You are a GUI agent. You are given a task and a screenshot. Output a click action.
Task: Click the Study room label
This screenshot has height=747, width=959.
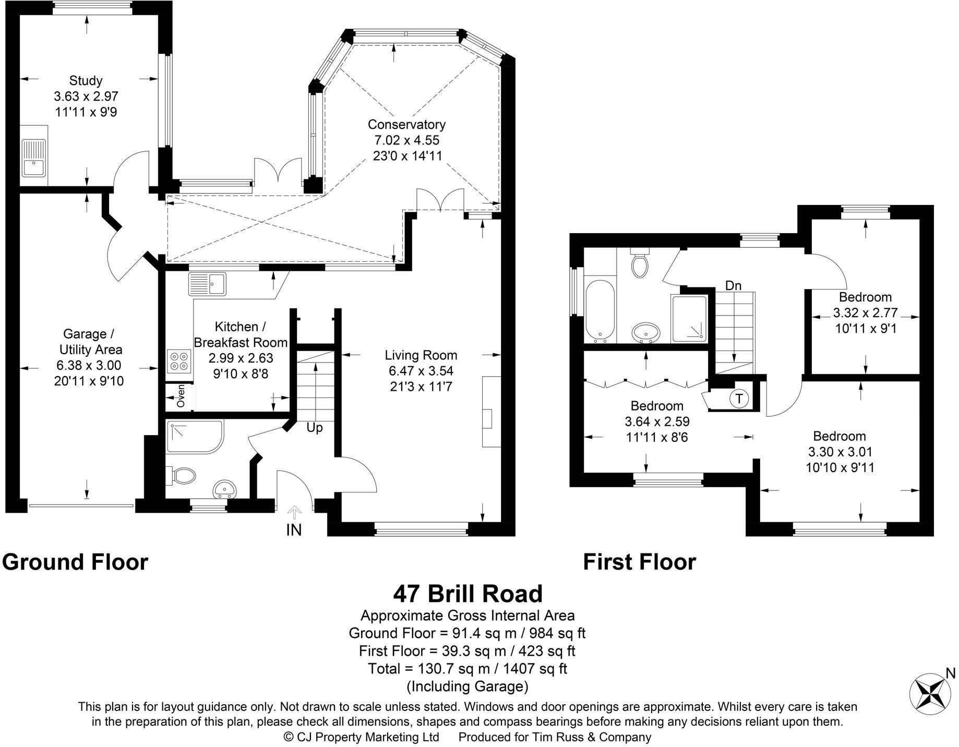86,80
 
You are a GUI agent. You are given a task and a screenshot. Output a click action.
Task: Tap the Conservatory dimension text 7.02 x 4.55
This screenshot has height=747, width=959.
406,140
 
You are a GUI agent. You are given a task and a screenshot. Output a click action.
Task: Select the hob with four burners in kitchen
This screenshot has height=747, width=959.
179,360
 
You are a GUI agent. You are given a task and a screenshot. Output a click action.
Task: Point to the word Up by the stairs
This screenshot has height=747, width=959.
315,428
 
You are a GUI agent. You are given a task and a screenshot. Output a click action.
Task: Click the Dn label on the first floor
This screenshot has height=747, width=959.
733,285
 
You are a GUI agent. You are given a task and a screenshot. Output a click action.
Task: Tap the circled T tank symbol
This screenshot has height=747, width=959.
739,399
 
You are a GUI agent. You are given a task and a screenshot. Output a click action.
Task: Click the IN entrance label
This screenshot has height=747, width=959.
294,530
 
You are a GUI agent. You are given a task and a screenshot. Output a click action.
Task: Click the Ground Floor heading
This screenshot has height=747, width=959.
75,562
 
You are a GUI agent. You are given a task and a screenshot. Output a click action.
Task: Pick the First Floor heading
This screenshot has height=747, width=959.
639,562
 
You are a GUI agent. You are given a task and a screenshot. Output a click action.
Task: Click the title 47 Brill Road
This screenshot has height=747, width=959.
467,594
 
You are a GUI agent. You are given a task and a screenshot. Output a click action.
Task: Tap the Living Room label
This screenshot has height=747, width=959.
421,355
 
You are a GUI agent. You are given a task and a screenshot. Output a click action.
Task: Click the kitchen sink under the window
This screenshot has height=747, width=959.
207,284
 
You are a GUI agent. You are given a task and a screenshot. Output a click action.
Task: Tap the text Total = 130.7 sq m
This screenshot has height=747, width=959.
467,668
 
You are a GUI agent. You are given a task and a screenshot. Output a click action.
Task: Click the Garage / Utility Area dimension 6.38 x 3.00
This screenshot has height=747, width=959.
89,365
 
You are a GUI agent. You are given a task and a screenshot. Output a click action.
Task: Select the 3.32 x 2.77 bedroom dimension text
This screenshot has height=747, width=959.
865,313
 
